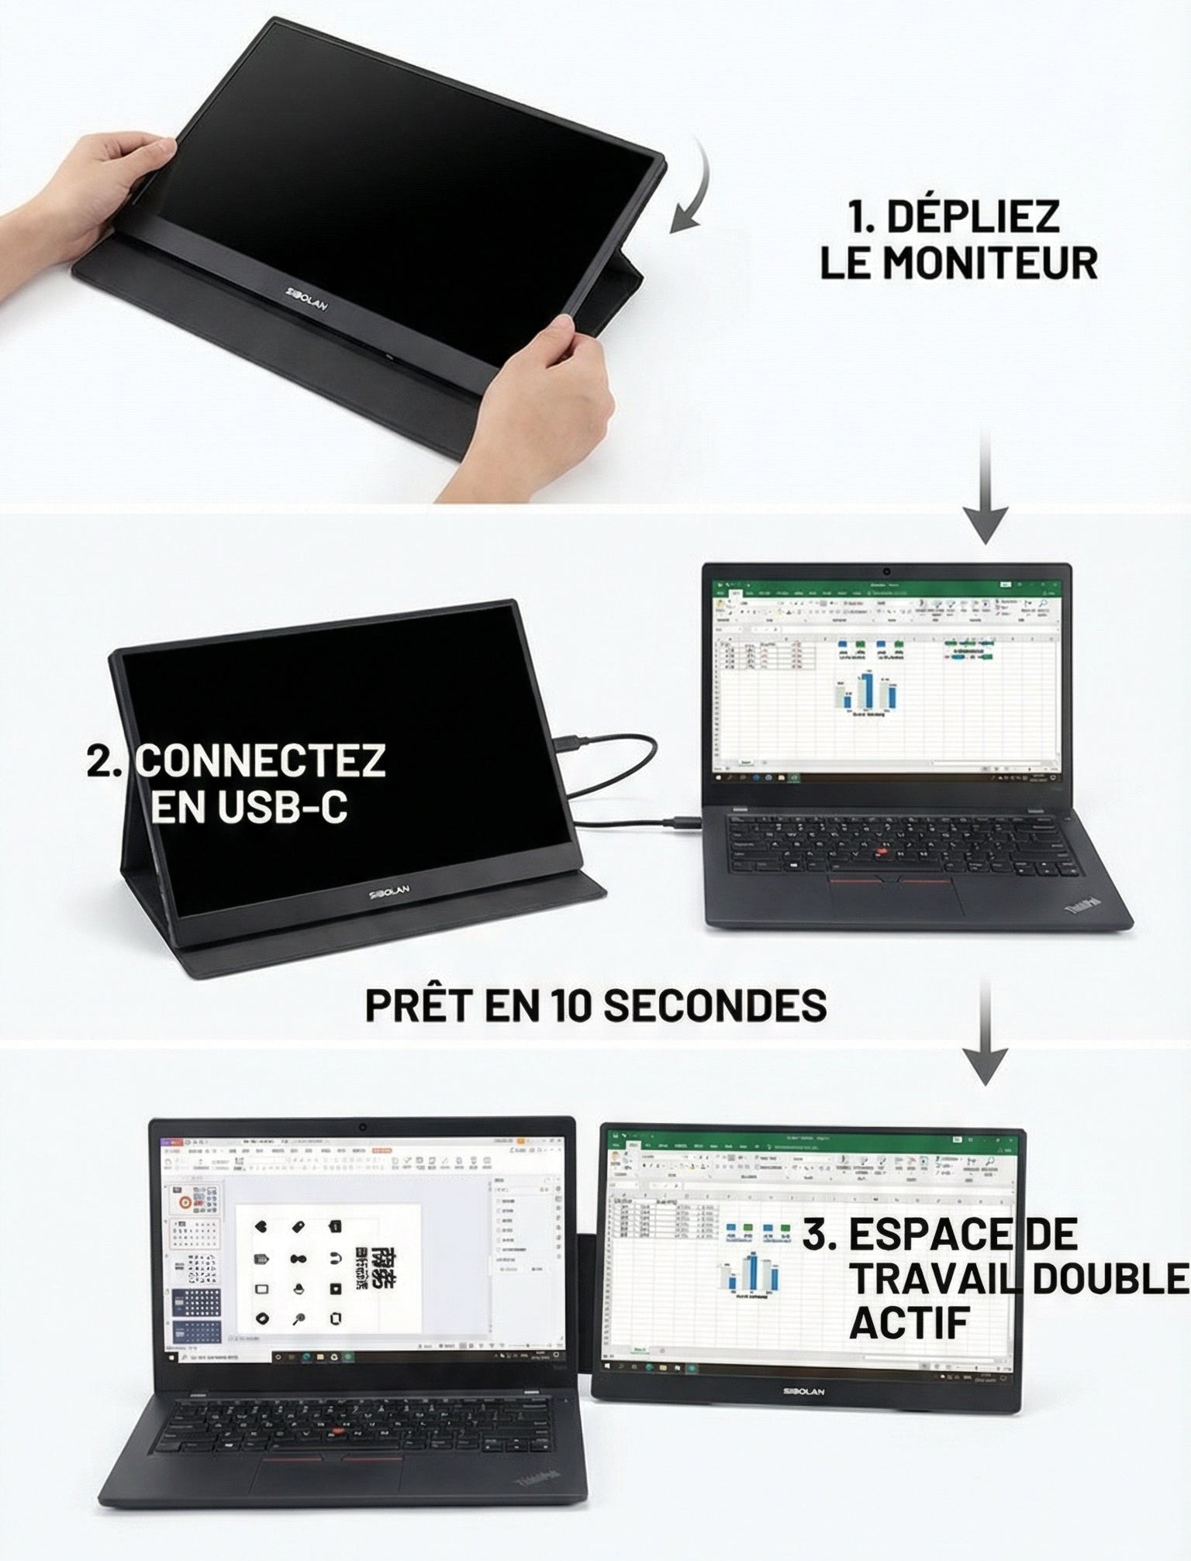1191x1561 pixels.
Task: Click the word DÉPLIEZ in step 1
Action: (x=972, y=216)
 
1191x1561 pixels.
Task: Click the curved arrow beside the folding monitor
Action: (x=693, y=187)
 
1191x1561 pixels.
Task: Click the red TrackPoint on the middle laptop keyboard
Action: (x=881, y=853)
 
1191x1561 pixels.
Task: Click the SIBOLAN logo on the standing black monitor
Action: (x=390, y=892)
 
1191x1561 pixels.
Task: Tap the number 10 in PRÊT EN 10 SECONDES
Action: (x=571, y=1004)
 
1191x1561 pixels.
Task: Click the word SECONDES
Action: (x=714, y=1004)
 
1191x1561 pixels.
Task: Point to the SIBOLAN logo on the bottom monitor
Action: (x=803, y=1391)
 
